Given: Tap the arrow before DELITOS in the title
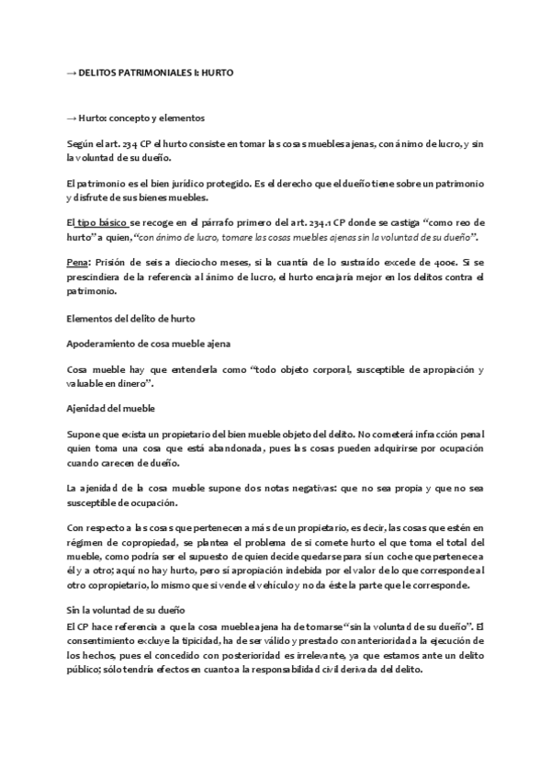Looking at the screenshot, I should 73,73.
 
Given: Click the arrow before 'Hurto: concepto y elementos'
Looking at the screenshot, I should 72,119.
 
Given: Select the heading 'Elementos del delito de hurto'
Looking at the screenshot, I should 131,318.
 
